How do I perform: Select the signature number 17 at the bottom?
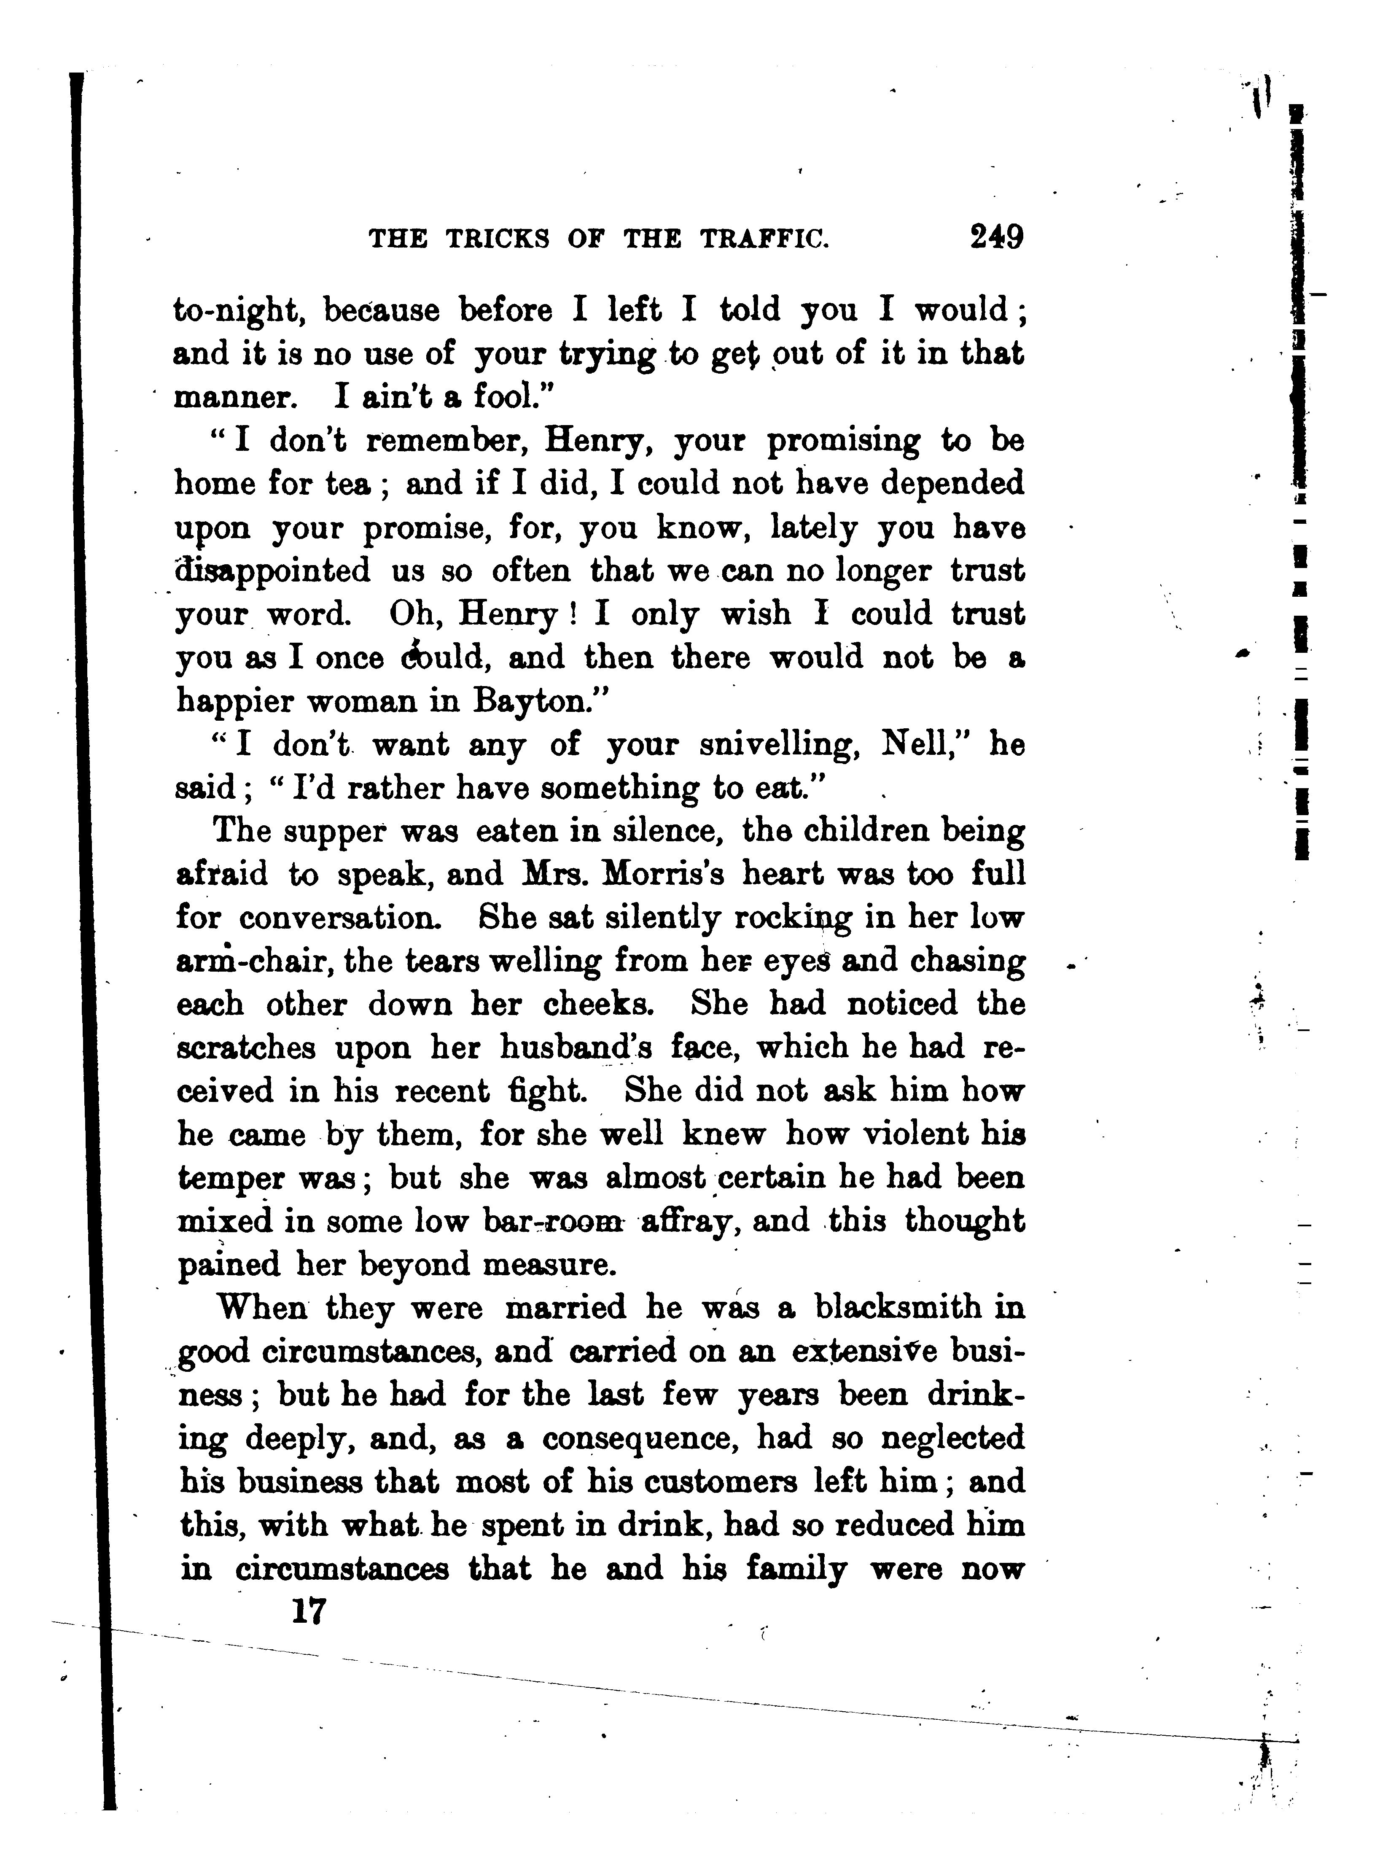point(308,1612)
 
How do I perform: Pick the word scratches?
point(246,1048)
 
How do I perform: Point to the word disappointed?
point(272,571)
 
